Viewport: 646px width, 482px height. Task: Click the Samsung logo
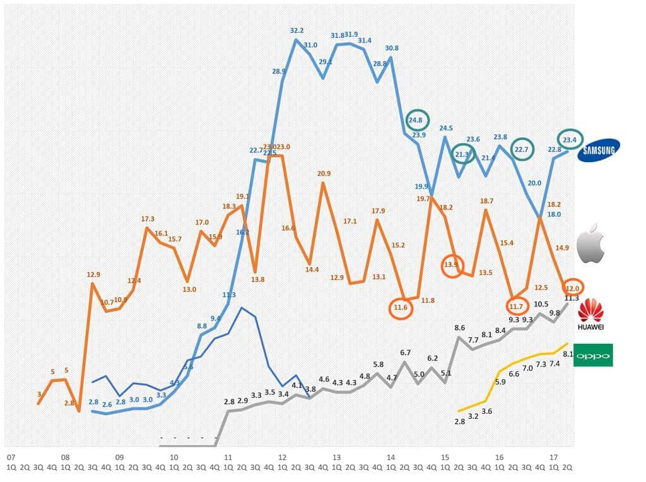598,150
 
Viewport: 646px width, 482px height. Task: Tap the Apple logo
591,243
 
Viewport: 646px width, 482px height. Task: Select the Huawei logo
591,314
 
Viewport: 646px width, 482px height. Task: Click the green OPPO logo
593,355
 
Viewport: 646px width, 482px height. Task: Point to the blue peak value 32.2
297,30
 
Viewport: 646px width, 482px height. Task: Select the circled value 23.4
570,140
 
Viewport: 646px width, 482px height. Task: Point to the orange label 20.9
324,173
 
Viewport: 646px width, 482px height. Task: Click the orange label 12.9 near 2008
93,274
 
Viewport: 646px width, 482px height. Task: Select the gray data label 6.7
406,353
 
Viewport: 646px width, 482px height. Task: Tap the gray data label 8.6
460,328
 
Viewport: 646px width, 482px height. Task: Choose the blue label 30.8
391,48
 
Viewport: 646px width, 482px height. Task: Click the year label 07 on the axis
10,456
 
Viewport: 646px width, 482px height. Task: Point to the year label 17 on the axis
553,456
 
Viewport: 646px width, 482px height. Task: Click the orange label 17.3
148,218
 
